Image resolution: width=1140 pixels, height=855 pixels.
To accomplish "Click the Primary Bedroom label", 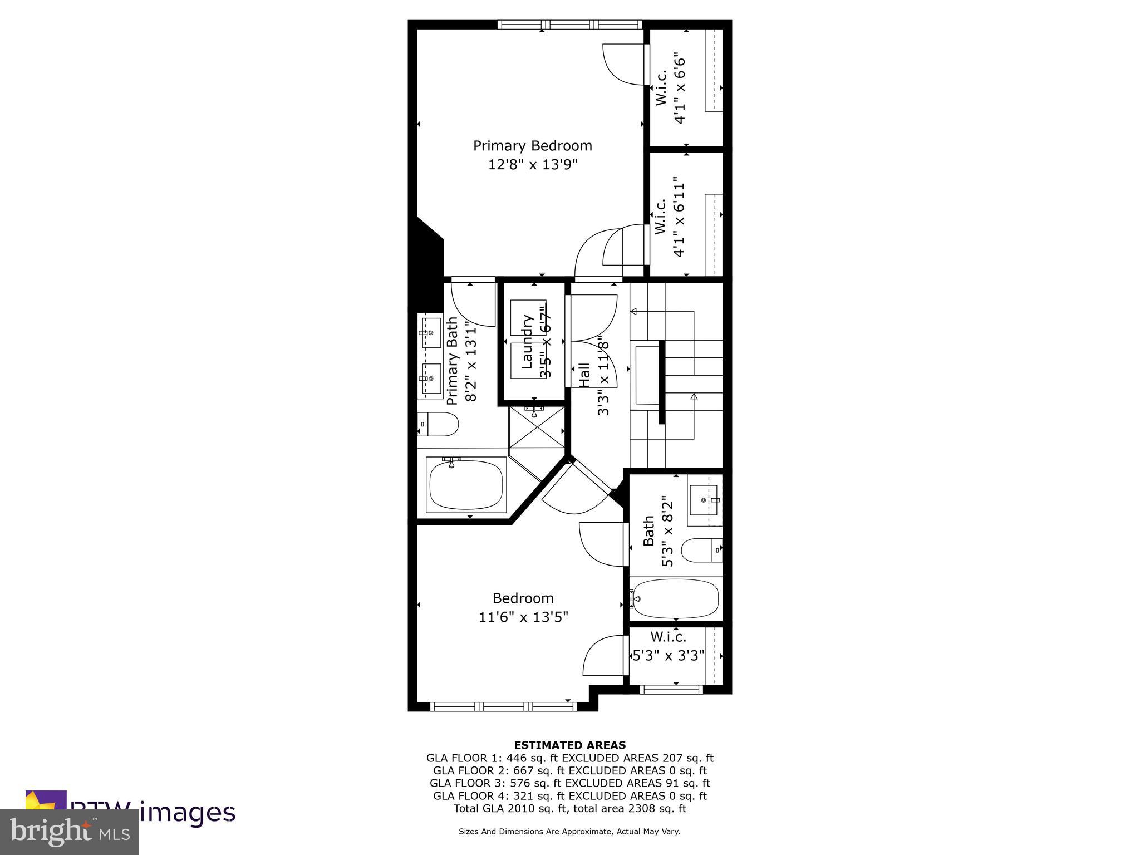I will click(532, 146).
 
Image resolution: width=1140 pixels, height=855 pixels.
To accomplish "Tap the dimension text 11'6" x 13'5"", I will click(523, 617).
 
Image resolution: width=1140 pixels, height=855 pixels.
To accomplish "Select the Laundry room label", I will click(527, 342).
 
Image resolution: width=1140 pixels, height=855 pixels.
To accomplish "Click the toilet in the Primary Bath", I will click(438, 424).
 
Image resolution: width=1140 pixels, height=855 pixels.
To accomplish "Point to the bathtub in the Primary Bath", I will click(466, 484).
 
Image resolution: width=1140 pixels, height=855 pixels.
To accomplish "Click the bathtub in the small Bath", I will click(676, 598).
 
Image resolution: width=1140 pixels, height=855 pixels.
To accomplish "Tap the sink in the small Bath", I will click(704, 500).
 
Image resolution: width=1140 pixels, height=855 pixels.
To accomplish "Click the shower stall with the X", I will click(537, 427).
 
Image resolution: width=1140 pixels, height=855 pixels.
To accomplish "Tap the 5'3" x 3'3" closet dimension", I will click(669, 656).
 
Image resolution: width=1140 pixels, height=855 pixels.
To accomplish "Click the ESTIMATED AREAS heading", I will click(569, 745).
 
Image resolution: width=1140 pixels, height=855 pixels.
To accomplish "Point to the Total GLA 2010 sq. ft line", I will click(569, 809).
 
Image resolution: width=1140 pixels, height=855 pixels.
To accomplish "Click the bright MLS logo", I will click(69, 832).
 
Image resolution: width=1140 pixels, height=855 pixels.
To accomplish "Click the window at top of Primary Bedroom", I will click(569, 24).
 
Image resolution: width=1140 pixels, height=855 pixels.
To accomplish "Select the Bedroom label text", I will click(523, 598).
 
